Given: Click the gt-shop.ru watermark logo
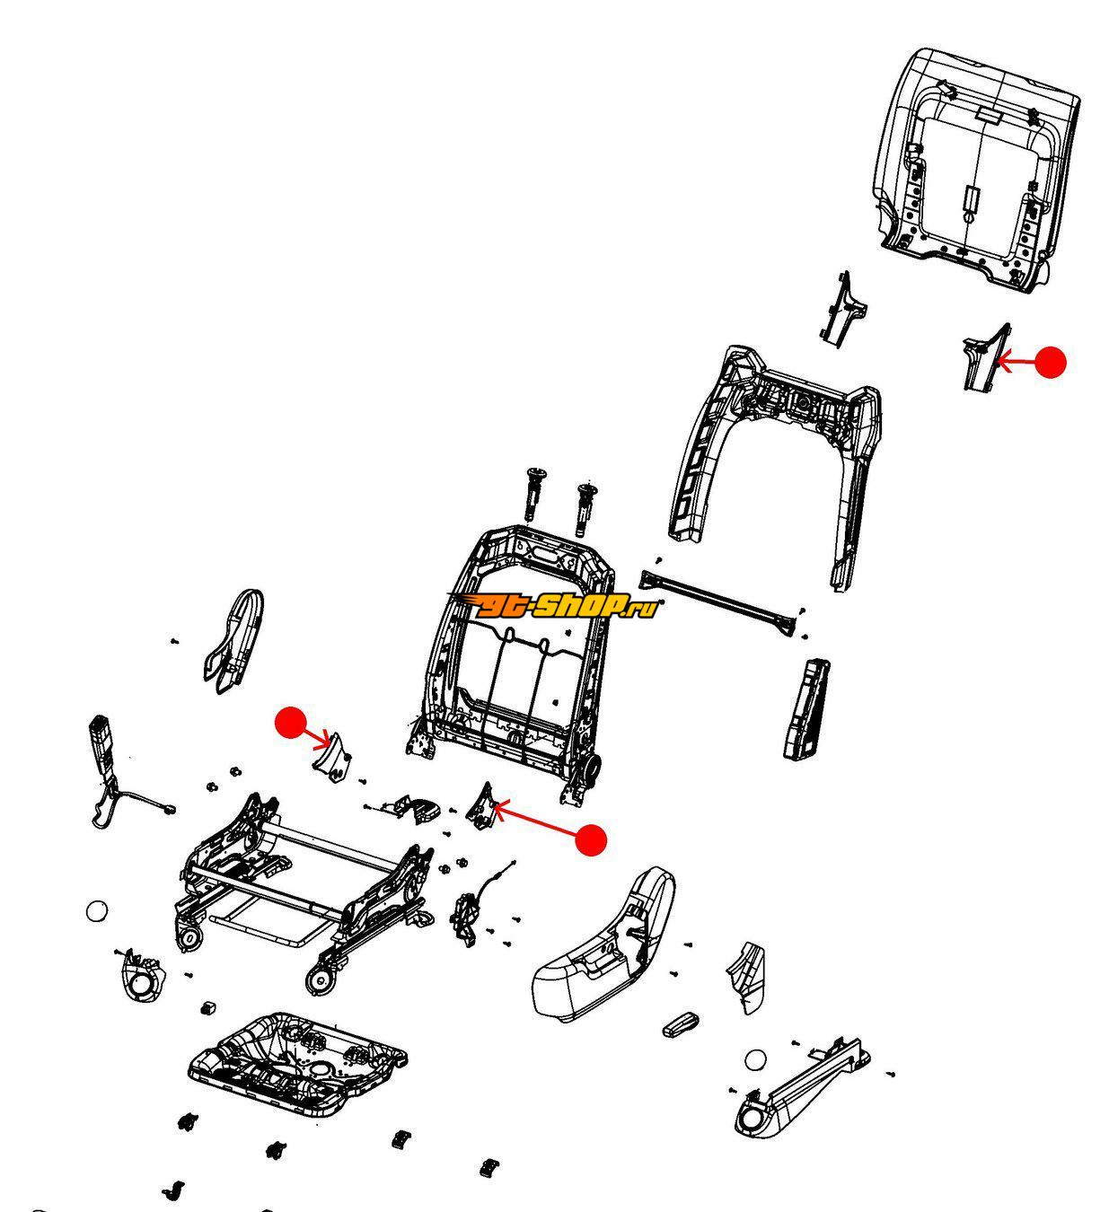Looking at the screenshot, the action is click(553, 605).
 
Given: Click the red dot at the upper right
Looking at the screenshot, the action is click(1051, 362).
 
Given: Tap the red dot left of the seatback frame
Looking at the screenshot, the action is click(291, 723).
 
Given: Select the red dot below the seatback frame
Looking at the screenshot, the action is click(591, 839).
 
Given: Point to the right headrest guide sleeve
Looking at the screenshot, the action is click(585, 509).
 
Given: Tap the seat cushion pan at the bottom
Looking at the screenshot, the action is click(297, 1065).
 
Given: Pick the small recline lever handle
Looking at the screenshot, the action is click(681, 1024).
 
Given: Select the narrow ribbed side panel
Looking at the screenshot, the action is click(806, 708).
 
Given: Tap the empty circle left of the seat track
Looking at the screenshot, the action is click(97, 910).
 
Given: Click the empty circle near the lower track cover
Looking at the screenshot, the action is click(755, 1059).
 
